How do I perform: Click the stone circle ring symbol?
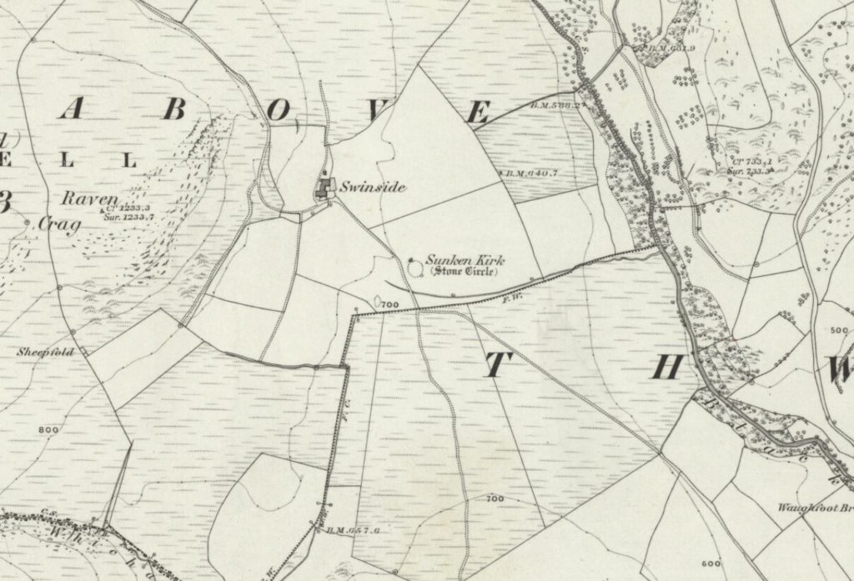tap(414, 265)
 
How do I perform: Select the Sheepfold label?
tap(40, 353)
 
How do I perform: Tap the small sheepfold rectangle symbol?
tap(83, 353)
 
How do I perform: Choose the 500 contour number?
tap(836, 331)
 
